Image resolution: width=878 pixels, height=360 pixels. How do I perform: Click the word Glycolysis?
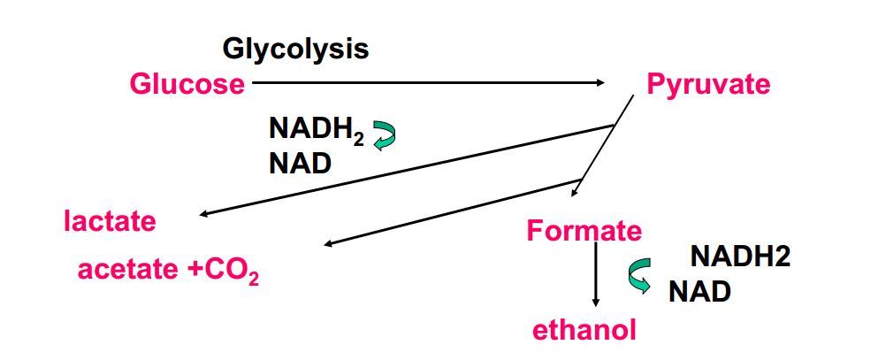[x=295, y=49]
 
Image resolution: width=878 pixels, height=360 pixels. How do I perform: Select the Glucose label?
[x=187, y=84]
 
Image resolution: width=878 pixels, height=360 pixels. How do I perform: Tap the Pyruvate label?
[x=708, y=85]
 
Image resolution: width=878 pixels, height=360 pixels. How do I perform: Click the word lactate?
[x=110, y=220]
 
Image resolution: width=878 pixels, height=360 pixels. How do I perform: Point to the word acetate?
[x=129, y=269]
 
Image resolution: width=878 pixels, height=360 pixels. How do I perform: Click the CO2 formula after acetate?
[x=233, y=271]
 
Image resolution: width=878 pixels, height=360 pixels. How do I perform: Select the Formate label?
[x=584, y=231]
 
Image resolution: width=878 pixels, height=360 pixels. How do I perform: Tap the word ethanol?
[x=584, y=330]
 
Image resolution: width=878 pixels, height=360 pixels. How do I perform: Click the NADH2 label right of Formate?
[x=740, y=257]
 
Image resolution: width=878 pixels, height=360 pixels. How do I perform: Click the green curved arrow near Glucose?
[x=384, y=135]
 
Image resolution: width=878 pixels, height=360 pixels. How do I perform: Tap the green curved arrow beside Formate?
[x=639, y=275]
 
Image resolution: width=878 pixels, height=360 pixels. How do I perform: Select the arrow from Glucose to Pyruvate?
[x=424, y=83]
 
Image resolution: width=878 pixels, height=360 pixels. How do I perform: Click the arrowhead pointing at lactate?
[x=203, y=214]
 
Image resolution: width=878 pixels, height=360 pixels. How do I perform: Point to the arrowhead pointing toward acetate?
[x=328, y=244]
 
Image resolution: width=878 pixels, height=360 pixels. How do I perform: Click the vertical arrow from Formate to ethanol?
[x=596, y=274]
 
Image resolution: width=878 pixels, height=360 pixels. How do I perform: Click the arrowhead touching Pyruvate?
[x=600, y=83]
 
